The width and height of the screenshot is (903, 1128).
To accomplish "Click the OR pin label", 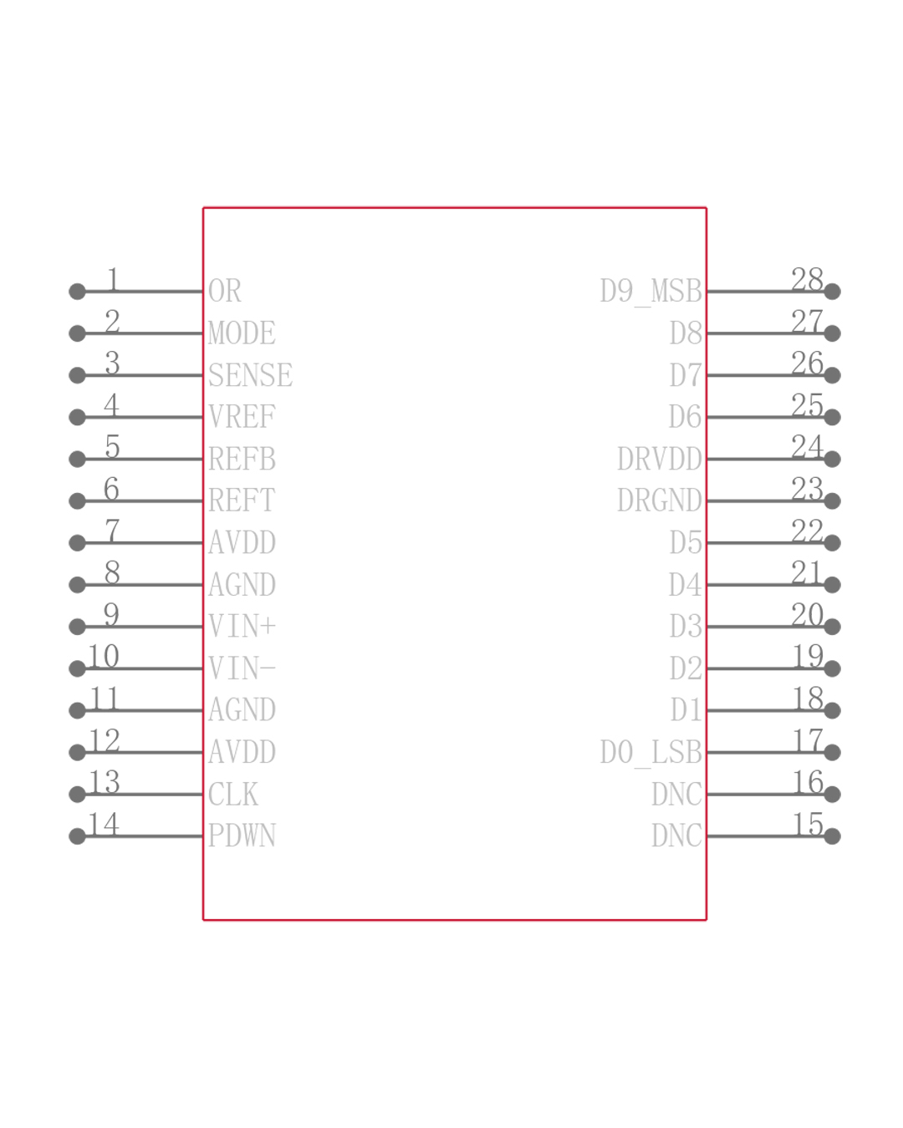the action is (x=224, y=292).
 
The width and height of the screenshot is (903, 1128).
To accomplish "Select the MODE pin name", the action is (x=241, y=333).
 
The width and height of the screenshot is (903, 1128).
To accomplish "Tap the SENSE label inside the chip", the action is (x=250, y=375).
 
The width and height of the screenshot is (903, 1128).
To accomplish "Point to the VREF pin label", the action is (x=241, y=417).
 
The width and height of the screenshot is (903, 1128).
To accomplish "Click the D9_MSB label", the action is (x=650, y=292).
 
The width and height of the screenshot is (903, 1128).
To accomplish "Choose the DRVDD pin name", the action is (x=659, y=459).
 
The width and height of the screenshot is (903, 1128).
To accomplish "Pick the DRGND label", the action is (x=659, y=500).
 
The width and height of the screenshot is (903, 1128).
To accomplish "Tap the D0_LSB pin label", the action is (x=650, y=752).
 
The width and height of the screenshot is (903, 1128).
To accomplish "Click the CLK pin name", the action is (x=232, y=794).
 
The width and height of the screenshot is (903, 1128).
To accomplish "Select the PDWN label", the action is (x=241, y=836).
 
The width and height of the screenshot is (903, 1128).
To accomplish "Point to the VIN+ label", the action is (x=242, y=626).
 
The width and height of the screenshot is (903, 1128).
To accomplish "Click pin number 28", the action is (x=807, y=279).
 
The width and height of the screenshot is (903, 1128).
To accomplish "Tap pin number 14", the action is (x=104, y=824).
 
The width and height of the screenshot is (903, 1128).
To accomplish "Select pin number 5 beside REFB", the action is (x=112, y=447).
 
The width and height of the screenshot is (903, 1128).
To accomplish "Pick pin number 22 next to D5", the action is (x=807, y=531).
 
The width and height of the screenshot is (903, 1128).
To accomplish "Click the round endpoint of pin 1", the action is (x=77, y=292).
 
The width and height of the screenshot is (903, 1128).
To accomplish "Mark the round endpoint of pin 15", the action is (x=832, y=836).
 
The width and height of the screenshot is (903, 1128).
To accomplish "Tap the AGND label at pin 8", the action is (x=241, y=584).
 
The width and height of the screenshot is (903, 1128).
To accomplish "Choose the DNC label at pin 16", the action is (x=676, y=794).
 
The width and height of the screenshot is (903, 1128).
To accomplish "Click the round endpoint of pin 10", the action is (x=77, y=668).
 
